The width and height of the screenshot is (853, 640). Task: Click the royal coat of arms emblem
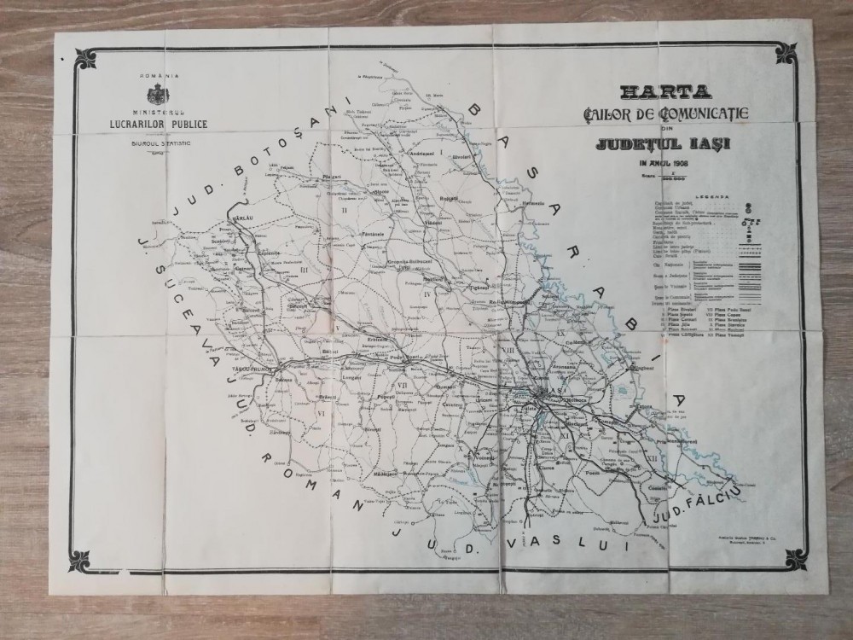(159, 94)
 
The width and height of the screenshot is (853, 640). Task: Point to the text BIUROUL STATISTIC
(159, 144)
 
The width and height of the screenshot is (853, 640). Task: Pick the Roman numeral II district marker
(345, 208)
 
